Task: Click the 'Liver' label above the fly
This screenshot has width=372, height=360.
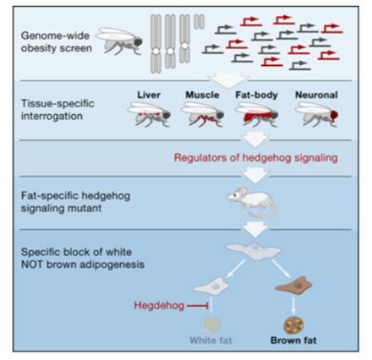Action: point(149,95)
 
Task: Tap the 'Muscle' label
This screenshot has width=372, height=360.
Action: point(202,95)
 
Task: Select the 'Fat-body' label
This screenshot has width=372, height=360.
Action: point(256,95)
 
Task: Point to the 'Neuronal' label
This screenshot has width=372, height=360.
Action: point(316,95)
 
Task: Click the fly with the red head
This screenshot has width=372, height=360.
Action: point(316,114)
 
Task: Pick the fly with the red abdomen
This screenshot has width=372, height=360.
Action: point(257,114)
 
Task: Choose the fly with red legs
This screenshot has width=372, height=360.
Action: point(203,114)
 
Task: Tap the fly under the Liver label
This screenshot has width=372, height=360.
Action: point(149,114)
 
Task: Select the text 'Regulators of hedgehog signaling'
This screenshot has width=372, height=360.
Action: point(256,158)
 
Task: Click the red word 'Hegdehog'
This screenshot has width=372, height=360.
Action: point(159,305)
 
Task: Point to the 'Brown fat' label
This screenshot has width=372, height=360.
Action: point(293,341)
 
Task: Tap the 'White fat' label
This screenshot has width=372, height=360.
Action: point(211,341)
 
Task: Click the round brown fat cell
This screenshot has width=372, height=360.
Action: point(293,325)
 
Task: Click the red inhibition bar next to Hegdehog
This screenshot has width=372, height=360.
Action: point(198,306)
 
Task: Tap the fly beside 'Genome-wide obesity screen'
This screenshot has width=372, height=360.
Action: point(119,41)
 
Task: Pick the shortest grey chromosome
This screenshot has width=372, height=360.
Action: point(199,22)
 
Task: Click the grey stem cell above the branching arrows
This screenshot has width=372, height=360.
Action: point(254,250)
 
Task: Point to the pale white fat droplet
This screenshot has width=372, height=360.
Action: point(211,325)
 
